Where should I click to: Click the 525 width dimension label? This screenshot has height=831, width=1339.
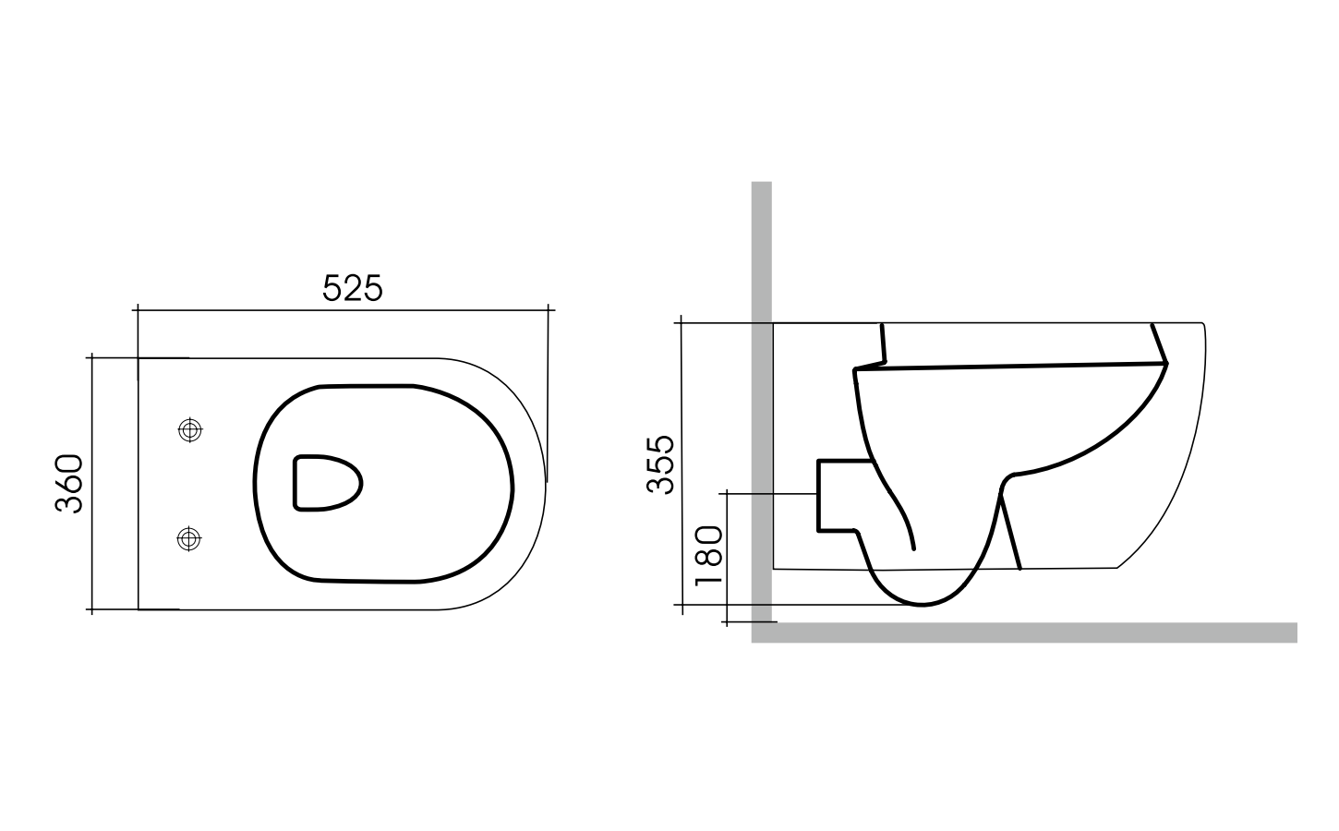point(352,288)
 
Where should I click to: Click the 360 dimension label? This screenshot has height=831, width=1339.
point(70,483)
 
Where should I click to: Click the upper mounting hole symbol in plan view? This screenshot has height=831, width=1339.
point(189,429)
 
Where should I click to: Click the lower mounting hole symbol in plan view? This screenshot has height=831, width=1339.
point(189,538)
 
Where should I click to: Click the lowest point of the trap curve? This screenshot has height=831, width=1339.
point(923,605)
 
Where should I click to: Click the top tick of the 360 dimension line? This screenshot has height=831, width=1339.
point(91,357)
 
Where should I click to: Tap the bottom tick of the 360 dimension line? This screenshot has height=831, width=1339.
point(91,609)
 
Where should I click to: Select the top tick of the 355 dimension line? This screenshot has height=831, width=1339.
point(682,323)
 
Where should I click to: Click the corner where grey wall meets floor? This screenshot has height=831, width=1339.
point(762,632)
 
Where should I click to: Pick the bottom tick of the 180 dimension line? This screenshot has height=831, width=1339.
point(728,622)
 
